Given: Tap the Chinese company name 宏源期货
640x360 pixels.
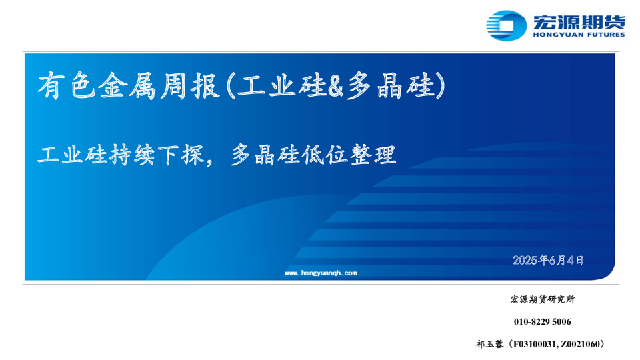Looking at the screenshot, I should click(x=578, y=21).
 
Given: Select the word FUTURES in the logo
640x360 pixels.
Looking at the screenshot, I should click(x=604, y=35).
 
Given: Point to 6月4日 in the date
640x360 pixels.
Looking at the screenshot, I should click(x=567, y=260).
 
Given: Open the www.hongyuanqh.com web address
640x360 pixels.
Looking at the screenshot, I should click(x=321, y=273).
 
